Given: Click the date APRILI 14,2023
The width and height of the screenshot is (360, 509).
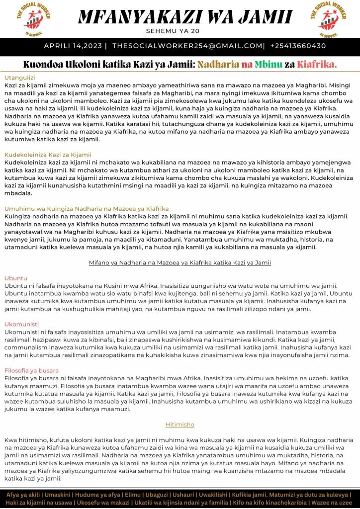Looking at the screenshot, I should click(73, 46).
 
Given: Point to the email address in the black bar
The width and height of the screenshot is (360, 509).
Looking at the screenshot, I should click(187, 46).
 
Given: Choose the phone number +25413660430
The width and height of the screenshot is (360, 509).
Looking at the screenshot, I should click(298, 46).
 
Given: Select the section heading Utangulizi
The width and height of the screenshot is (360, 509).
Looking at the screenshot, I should click(19, 78).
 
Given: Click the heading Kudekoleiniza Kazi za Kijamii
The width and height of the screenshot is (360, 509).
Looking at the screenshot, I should click(48, 155).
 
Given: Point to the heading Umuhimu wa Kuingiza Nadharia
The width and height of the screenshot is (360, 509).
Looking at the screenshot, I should click(87, 208).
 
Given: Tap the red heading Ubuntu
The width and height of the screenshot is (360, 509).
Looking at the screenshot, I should click(16, 278).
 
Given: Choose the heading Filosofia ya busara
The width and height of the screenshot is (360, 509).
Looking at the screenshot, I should click(31, 370).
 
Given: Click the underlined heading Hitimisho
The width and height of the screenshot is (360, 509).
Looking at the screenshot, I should click(180, 424).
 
